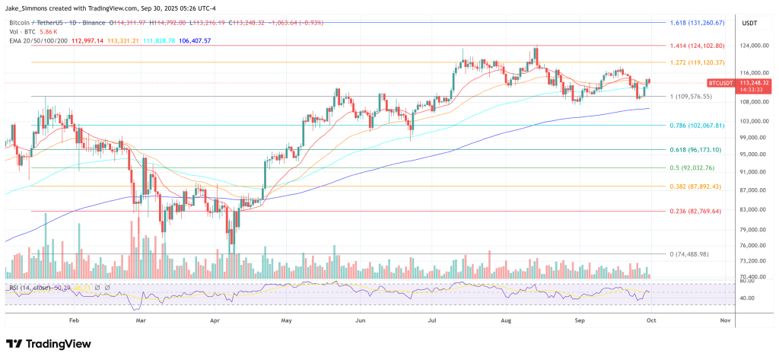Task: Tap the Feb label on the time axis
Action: [74, 320]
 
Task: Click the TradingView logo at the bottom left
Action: [53, 343]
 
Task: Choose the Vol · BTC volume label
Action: [22, 31]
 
